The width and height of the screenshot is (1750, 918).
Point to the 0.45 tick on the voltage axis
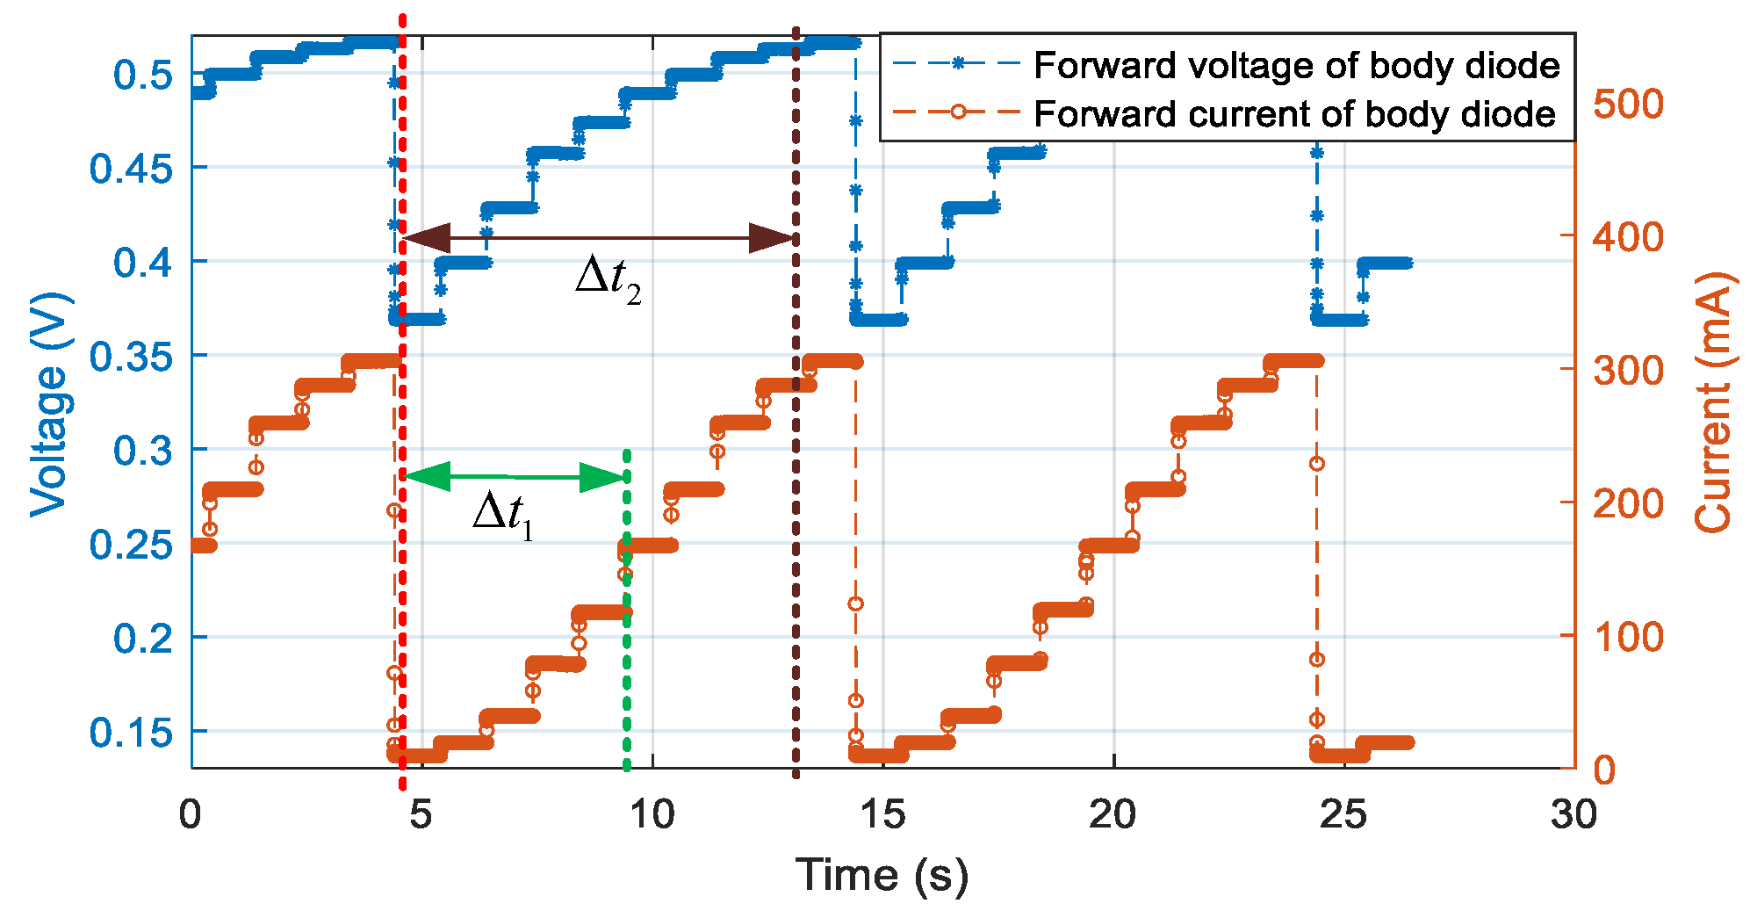click(132, 169)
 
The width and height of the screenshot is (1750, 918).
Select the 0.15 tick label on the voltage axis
click(132, 732)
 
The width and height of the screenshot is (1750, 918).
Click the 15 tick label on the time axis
click(882, 816)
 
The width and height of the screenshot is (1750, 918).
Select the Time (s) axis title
click(882, 876)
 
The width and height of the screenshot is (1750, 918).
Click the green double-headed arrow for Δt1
click(515, 477)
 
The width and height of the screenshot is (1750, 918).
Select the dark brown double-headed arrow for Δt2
click(599, 238)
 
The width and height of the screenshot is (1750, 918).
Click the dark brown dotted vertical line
click(796, 527)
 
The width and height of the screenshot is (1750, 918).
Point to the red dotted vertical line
click(402, 571)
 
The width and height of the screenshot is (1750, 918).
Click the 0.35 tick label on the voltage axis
click(132, 357)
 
